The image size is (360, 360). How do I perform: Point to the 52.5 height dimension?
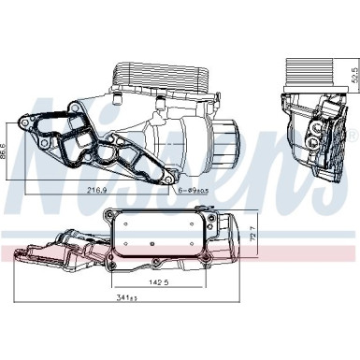pyautogui.click(x=352, y=74)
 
